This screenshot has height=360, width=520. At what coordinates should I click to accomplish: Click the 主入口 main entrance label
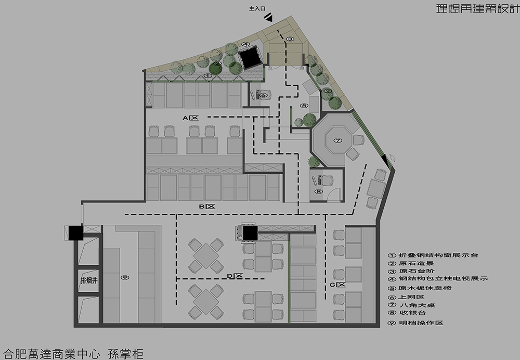257,9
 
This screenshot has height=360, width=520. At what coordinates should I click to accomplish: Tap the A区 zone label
190,118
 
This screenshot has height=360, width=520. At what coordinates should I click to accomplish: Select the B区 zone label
207,207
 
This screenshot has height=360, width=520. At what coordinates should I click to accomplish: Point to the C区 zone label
337,285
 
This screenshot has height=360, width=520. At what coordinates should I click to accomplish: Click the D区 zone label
235,276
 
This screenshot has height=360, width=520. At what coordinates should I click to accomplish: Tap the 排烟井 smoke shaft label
89,281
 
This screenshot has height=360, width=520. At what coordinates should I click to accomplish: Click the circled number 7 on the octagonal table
337,140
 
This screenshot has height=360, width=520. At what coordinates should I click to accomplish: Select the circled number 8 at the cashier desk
318,191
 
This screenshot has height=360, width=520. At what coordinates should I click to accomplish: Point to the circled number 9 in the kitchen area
125,277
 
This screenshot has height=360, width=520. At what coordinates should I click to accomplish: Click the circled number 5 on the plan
304,106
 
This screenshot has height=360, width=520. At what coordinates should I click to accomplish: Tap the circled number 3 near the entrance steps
290,39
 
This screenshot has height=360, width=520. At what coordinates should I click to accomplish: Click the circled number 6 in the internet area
264,95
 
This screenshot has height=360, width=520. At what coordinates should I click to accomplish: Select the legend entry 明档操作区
416,323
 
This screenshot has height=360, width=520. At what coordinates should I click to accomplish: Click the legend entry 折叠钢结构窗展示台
433,255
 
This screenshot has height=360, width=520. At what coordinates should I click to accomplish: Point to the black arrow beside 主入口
269,17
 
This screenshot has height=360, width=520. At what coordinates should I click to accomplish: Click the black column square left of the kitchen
75,232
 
